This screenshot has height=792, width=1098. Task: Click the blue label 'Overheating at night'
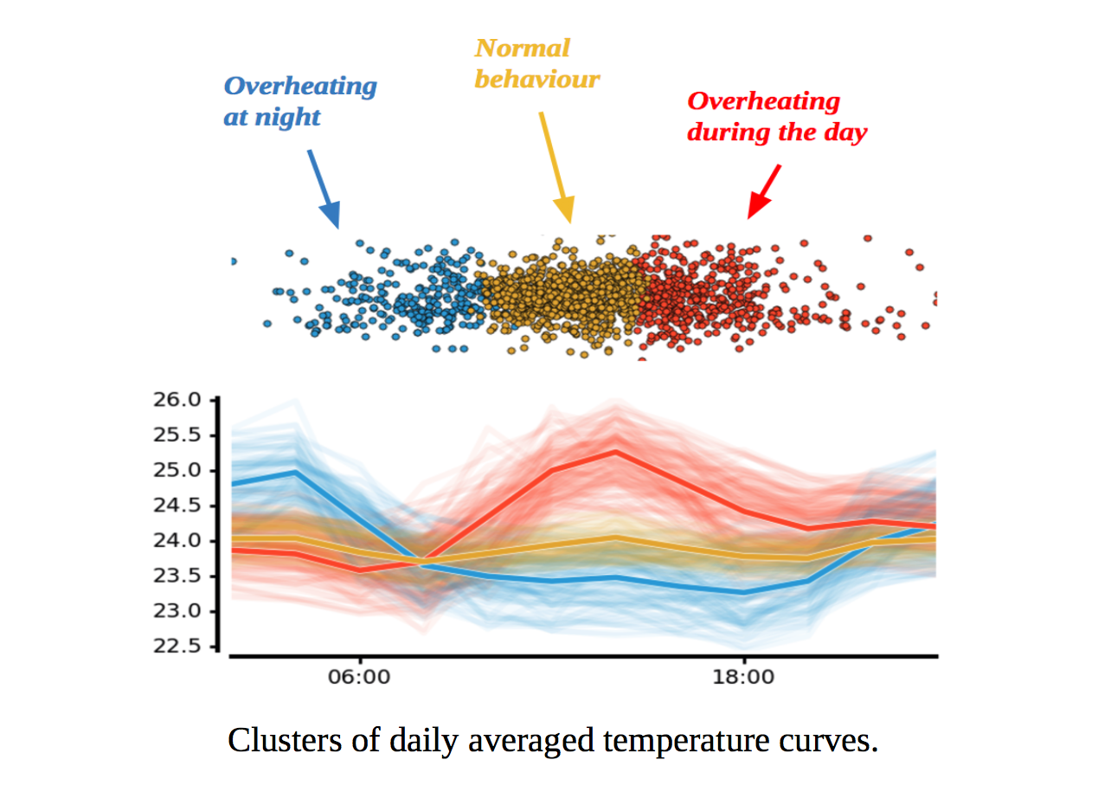(299, 101)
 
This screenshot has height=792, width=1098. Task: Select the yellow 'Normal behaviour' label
(536, 63)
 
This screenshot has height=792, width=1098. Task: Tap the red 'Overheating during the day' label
(776, 117)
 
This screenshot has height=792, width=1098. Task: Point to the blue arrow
(324, 189)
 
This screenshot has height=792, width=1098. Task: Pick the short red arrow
(765, 190)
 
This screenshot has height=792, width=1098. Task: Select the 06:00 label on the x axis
(361, 677)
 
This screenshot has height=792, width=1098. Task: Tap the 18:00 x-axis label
(744, 677)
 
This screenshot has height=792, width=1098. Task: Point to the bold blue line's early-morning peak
(296, 472)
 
